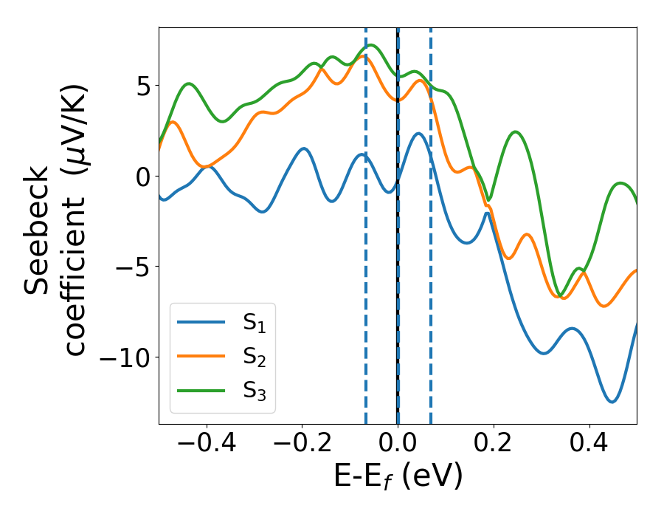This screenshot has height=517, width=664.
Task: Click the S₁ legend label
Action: tap(255, 323)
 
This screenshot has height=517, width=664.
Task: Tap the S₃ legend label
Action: tap(255, 391)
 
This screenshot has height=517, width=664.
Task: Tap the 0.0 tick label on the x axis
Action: tap(398, 443)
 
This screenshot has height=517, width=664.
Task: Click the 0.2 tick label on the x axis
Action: tap(494, 443)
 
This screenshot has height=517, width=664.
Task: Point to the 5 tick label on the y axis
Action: tap(142, 86)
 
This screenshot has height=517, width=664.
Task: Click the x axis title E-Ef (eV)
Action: tap(398, 476)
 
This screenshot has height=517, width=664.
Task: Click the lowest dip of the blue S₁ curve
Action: tap(612, 402)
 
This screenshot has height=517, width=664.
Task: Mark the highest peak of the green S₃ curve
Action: tap(371, 45)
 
